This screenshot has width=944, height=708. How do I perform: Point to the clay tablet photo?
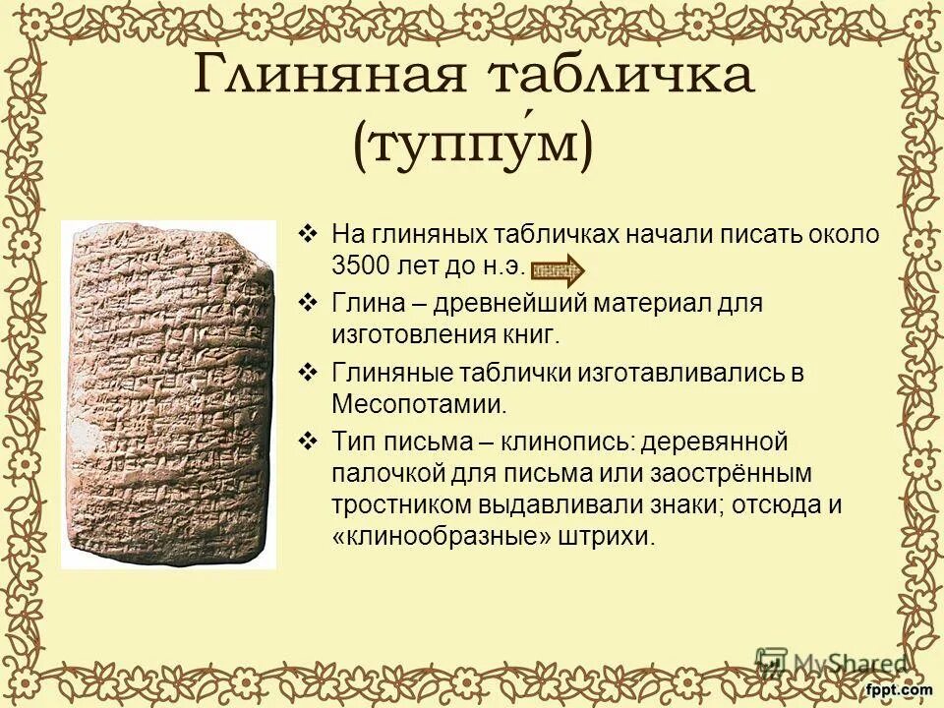click(168, 393)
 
